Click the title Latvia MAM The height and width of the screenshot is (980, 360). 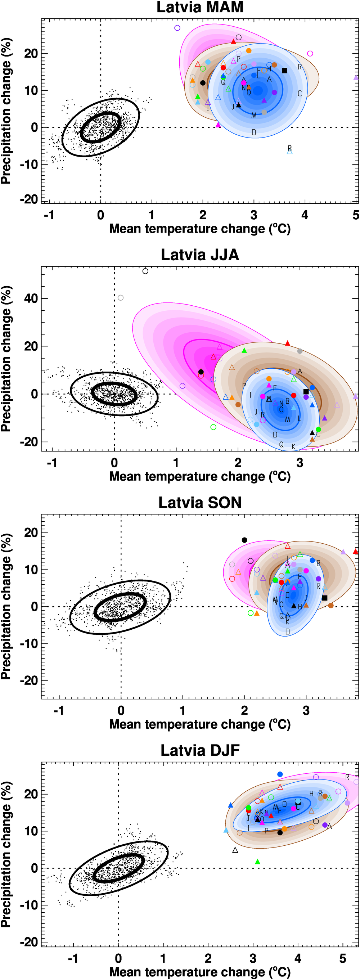[200, 7]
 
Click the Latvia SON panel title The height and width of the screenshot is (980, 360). [200, 503]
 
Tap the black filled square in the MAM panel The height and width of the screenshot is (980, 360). [284, 70]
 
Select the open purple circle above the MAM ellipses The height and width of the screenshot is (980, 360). [177, 28]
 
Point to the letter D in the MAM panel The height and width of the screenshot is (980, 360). [254, 132]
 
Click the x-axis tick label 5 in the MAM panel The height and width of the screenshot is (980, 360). [355, 215]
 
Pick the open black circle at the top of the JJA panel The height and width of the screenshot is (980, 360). [145, 271]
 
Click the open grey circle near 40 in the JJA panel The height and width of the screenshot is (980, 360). [121, 297]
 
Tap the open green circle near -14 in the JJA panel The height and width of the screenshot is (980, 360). [213, 427]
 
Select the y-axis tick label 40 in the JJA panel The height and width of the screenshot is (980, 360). [31, 298]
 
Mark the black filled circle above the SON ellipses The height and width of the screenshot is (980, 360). [244, 540]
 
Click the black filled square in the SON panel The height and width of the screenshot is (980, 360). [325, 598]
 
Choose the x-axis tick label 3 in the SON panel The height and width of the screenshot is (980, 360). [306, 710]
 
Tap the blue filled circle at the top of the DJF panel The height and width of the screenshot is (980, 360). [280, 774]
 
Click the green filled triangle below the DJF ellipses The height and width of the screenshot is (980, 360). [258, 862]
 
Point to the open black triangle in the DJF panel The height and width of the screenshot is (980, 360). [235, 850]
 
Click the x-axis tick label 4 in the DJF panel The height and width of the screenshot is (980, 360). [298, 958]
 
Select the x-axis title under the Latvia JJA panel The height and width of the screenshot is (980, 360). [200, 476]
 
